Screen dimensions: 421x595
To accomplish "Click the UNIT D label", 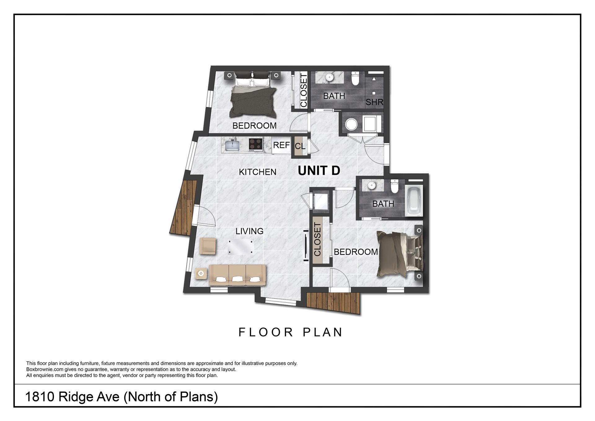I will pos(319,171).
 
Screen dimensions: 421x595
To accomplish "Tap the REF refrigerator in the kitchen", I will pos(281,145).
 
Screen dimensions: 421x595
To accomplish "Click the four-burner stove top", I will pos(256,144).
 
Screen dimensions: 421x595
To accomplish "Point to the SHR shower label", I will pos(374,102).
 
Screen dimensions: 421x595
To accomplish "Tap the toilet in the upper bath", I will pos(355,79).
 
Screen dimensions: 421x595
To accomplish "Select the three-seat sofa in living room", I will pos(238,275).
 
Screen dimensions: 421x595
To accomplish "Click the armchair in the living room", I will pos(208,246).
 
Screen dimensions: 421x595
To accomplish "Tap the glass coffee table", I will pos(241,247).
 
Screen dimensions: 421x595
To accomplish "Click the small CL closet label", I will pos(300,146).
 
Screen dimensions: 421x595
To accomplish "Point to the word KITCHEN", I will pos(258,172).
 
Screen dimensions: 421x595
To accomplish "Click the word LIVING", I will pos(249,231).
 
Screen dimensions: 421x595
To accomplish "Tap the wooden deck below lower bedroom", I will pos(333,302).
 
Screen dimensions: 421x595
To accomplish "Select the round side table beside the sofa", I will pos(201,273).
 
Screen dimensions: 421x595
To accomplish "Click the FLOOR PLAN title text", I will pos(290,332).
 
